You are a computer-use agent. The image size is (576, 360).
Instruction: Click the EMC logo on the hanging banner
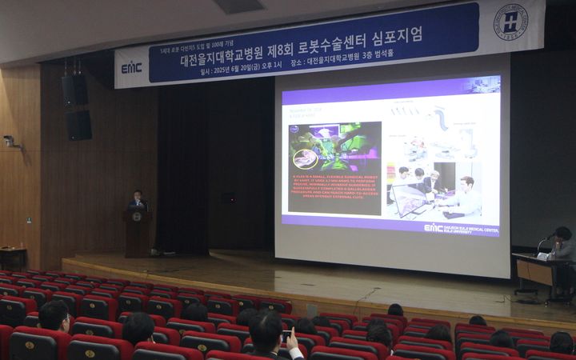click(x=131, y=68)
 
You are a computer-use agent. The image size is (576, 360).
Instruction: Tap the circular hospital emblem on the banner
click(x=510, y=22)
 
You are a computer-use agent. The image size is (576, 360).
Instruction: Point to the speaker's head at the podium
click(x=138, y=195)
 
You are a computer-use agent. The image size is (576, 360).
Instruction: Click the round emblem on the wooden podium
click(x=137, y=217)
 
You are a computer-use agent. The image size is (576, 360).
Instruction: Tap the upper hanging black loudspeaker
click(x=75, y=90)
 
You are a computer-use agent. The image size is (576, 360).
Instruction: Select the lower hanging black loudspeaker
click(x=78, y=125)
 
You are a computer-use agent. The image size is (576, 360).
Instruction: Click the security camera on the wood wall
click(x=10, y=142)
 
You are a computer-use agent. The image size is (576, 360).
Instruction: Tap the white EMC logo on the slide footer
click(x=433, y=228)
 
